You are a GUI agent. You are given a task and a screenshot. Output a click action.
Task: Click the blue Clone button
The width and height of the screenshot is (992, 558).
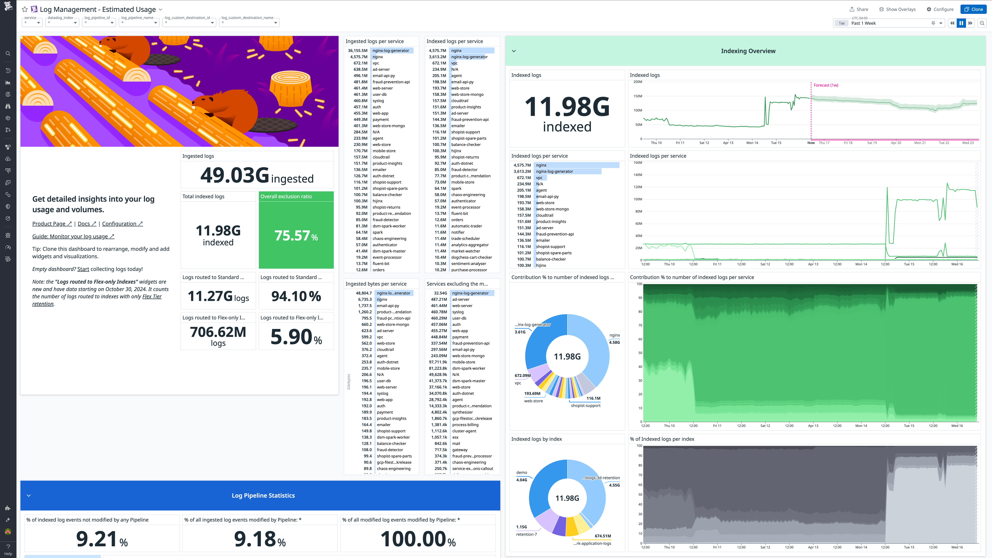coord(974,9)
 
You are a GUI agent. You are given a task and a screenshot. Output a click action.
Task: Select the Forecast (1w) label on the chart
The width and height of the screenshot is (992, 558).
coord(826,85)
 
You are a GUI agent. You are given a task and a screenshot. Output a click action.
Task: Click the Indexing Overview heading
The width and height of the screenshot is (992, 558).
coord(748,51)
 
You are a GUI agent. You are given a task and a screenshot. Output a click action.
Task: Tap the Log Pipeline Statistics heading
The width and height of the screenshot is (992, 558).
coord(263,496)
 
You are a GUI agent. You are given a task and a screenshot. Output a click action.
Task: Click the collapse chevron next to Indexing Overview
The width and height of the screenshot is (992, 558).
coord(514,51)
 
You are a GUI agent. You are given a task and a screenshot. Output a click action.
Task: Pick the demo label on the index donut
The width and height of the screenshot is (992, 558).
coord(521,473)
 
